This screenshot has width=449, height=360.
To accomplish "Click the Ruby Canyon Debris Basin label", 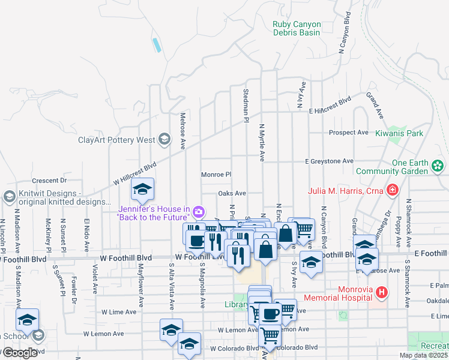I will [297, 28].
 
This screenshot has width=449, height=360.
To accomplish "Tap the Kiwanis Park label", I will [399, 133].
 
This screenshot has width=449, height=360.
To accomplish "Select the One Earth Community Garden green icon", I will [438, 164].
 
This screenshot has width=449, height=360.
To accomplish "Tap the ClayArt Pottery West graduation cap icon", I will [163, 140].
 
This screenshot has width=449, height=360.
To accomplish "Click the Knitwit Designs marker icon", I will [9, 197].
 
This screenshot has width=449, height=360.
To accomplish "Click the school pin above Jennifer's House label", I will [142, 190].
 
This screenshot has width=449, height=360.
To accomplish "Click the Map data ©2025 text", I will [423, 355].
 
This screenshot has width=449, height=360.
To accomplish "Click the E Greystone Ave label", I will [329, 161].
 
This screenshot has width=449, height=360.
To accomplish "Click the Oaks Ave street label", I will [232, 193].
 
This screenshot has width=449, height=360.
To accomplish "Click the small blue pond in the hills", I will [157, 44].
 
